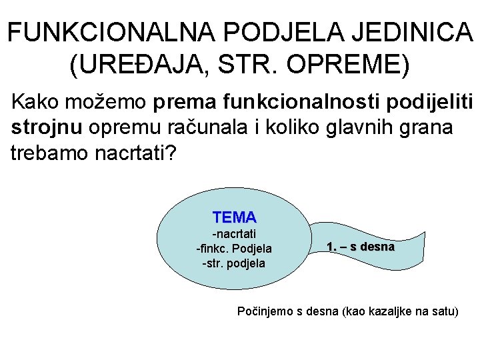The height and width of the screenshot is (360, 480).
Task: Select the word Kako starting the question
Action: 36,103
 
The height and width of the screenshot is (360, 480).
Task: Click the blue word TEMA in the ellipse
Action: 234,217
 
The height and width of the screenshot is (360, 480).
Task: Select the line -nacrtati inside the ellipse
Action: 234,234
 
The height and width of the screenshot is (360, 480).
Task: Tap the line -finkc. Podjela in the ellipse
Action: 234,249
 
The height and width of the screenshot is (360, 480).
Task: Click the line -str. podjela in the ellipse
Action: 234,263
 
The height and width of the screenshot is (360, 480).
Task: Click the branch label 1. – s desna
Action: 361,247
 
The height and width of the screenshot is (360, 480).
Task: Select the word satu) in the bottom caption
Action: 444,311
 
